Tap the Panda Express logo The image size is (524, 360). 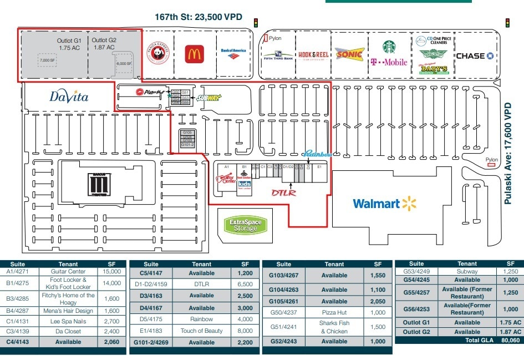(x=157, y=53)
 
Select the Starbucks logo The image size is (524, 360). (x=389, y=47)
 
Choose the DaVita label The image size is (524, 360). (x=69, y=97)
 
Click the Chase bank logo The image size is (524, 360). (x=474, y=56)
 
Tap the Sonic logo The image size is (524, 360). (x=350, y=54)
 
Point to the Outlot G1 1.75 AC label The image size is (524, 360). (x=69, y=44)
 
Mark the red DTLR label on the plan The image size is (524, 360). (x=284, y=192)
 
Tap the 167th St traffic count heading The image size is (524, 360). (x=198, y=17)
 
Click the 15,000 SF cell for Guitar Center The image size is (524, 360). (x=111, y=272)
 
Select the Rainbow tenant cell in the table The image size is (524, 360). (x=201, y=320)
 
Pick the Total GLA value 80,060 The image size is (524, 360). (x=509, y=340)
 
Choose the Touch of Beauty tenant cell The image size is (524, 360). (x=201, y=331)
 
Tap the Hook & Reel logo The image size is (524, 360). (x=313, y=54)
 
